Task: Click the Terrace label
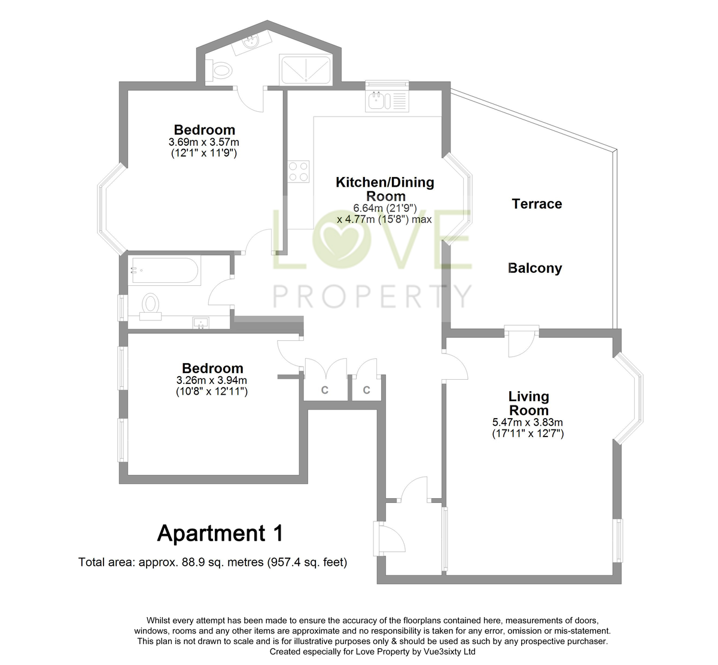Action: pyautogui.click(x=537, y=204)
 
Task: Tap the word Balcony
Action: pyautogui.click(x=535, y=268)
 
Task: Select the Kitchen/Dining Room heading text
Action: pyautogui.click(x=385, y=189)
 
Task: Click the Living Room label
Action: pyautogui.click(x=528, y=403)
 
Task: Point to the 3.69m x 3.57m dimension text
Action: pyautogui.click(x=203, y=142)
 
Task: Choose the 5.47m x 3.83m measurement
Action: pyautogui.click(x=527, y=422)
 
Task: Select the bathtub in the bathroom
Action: pyautogui.click(x=164, y=271)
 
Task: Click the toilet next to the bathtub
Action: pyautogui.click(x=150, y=304)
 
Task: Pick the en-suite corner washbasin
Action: pyautogui.click(x=252, y=42)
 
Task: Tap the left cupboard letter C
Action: pyautogui.click(x=325, y=390)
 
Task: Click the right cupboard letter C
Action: pyautogui.click(x=366, y=390)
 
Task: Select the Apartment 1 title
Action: pyautogui.click(x=220, y=533)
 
